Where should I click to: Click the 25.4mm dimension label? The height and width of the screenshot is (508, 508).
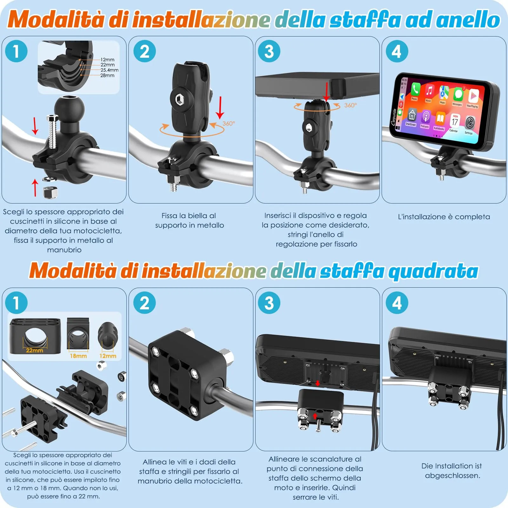[x=110, y=70]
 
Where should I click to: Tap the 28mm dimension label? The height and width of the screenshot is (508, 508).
[x=107, y=76]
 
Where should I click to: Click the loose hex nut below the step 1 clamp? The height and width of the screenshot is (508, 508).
[x=50, y=192]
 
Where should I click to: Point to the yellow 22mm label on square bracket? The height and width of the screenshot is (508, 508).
[x=34, y=351]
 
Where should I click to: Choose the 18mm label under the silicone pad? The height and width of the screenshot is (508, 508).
[x=78, y=356]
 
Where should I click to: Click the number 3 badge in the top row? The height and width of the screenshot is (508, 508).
[x=269, y=51]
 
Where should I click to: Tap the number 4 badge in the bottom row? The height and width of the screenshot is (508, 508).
[x=397, y=303]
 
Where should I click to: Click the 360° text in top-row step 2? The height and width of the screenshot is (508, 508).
[x=229, y=124]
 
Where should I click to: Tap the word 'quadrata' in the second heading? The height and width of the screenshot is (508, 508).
[x=433, y=271]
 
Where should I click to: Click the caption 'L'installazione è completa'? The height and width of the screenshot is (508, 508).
[x=444, y=217]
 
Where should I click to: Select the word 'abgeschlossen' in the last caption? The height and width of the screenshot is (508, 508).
[x=452, y=476]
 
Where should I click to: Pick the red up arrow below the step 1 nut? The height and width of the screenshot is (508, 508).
[x=35, y=187]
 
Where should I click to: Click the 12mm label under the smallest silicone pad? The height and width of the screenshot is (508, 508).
[x=108, y=356]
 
